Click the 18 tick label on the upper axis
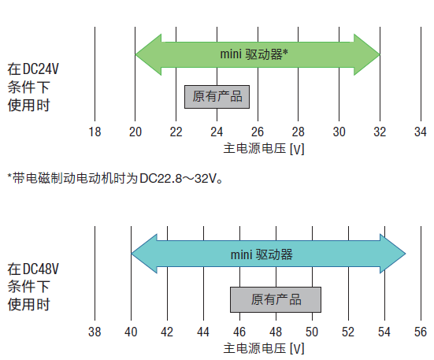[95, 132]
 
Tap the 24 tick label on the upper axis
[217, 132]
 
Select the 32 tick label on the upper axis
[380, 132]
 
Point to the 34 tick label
[421, 132]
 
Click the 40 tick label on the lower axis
[131, 332]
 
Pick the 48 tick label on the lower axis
[276, 332]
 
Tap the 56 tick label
[421, 332]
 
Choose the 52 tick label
[348, 332]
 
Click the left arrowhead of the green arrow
[148, 54]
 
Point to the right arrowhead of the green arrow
[367, 54]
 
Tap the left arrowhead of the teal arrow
[144, 254]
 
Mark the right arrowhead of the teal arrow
[393, 254]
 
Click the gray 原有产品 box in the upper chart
[217, 97]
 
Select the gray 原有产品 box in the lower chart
[276, 299]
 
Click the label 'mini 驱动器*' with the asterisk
[254, 54]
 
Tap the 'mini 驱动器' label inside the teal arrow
[262, 254]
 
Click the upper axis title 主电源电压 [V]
[264, 149]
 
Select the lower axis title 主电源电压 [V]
[264, 348]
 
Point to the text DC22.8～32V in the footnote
[178, 179]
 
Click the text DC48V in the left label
[41, 269]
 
